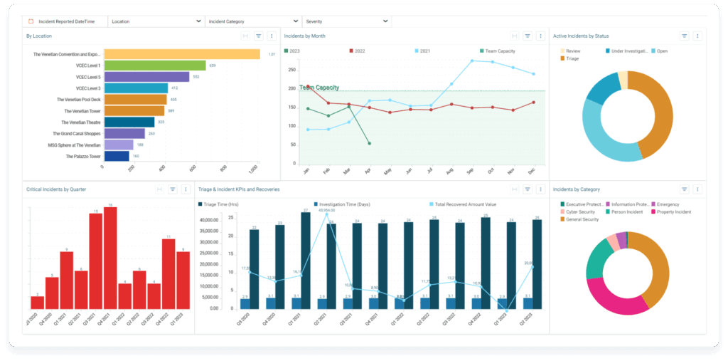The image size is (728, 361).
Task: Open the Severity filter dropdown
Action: [x=346, y=21]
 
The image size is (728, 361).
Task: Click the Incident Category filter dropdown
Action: [x=253, y=21]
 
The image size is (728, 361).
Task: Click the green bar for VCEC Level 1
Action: [x=154, y=66]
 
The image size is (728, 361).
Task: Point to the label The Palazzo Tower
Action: [x=84, y=156]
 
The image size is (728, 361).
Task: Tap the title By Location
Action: [x=38, y=36]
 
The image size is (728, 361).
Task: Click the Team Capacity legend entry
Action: [x=500, y=51]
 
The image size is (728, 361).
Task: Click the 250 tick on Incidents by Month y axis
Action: [x=291, y=70]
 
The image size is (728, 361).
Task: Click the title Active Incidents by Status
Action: [x=580, y=36]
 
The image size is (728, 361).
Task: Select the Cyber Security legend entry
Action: [x=580, y=212]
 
